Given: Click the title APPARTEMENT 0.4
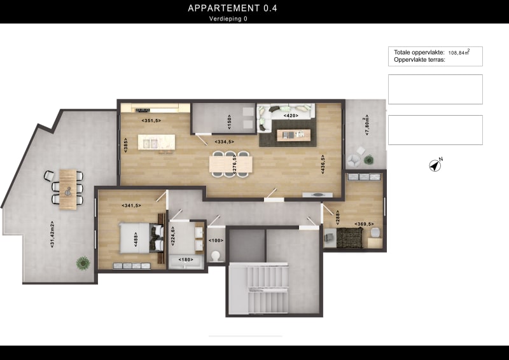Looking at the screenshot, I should click(x=233, y=8).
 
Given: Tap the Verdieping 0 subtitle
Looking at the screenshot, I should click(x=228, y=19).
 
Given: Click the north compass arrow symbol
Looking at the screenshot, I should click(x=436, y=165).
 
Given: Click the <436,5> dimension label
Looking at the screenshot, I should click(x=323, y=165).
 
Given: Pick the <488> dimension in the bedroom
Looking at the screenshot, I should click(x=135, y=238).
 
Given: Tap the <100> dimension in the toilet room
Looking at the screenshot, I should click(x=216, y=240).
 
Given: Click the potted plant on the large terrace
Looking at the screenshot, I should click(x=83, y=261).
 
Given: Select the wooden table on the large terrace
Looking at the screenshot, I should click(x=68, y=188).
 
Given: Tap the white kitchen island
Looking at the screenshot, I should click(x=156, y=143).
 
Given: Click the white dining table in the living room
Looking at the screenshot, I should click(x=230, y=164).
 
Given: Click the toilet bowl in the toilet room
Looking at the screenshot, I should click(x=216, y=255).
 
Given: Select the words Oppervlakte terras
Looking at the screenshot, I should click(x=419, y=60).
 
